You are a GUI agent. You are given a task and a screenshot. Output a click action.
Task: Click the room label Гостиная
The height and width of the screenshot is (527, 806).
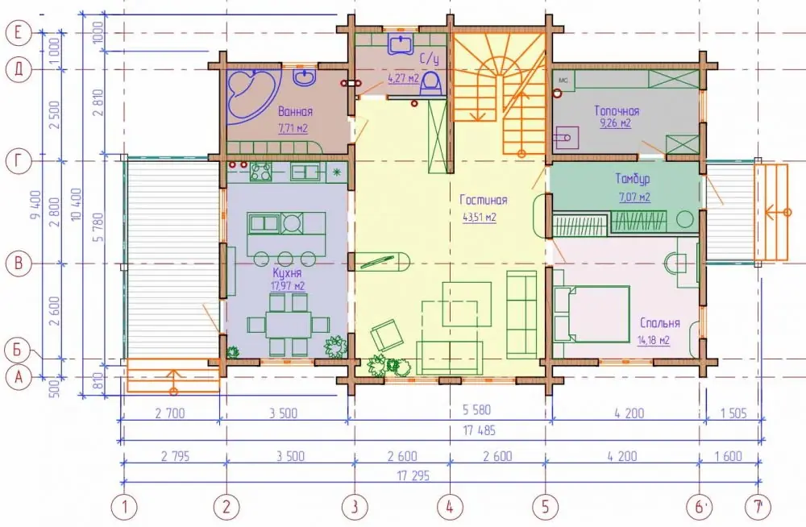click(483, 201)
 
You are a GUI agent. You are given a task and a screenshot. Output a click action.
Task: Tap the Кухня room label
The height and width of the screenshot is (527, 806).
click(287, 273)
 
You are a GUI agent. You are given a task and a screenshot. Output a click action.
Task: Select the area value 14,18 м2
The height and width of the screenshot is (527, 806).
click(653, 340)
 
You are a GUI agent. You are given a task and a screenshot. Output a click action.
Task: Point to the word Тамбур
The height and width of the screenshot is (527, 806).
click(632, 179)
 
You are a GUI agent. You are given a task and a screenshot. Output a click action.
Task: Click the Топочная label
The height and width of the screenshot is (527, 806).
click(617, 111)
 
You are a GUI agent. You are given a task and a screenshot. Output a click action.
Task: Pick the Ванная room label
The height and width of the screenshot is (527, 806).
click(295, 111)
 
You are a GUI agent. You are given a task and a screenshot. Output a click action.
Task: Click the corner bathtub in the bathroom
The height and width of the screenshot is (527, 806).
click(251, 96)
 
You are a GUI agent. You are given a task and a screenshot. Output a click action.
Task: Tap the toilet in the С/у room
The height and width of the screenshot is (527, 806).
click(430, 84)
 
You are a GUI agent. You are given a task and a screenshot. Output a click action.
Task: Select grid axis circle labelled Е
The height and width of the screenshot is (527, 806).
click(19, 33)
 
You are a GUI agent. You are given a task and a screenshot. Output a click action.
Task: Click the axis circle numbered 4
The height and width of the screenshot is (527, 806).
click(450, 507)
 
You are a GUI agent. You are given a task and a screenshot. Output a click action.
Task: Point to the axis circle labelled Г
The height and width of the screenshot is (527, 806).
click(19, 161)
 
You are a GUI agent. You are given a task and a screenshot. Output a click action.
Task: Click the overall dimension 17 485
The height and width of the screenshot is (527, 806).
click(479, 430)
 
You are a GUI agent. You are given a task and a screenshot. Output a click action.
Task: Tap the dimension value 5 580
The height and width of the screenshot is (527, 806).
click(476, 410)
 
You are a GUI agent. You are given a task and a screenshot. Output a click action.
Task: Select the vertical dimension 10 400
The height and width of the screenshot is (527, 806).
click(77, 205)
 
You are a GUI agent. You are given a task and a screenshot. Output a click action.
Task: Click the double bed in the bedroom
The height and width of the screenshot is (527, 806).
click(592, 313)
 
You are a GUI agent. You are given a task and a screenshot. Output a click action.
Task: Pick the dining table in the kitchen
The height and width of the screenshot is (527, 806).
click(289, 325)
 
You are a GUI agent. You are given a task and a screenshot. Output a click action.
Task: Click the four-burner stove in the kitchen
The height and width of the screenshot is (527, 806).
click(260, 172)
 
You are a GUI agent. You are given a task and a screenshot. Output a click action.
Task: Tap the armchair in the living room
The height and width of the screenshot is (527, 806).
click(387, 335)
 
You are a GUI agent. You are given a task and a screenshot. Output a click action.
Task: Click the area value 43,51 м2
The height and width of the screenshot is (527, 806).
click(479, 218)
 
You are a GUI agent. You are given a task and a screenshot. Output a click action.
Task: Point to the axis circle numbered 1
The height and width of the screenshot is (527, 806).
click(124, 507)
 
